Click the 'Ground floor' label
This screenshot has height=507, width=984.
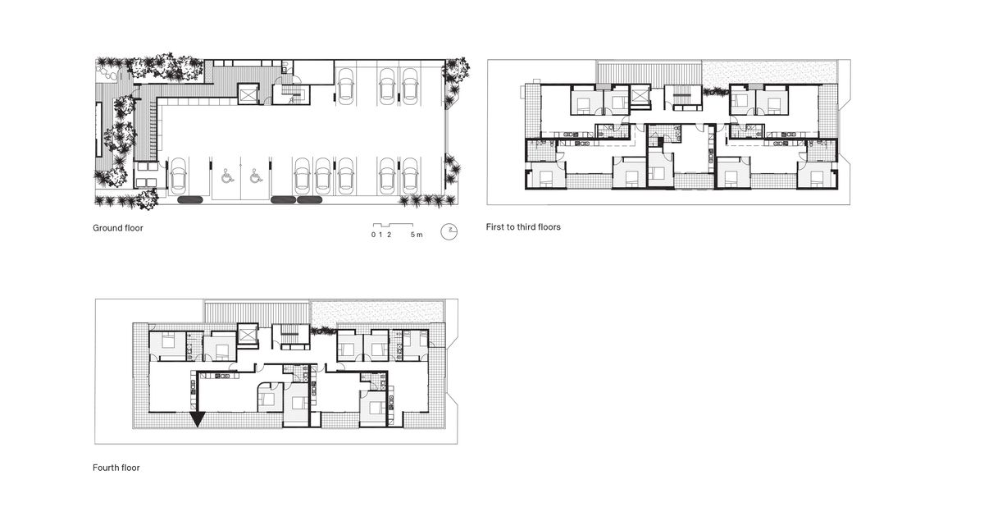(x=118, y=228)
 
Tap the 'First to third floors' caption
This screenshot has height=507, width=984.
(x=523, y=226)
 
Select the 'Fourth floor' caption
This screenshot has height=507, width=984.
(x=116, y=468)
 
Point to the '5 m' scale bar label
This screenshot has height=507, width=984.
(x=417, y=235)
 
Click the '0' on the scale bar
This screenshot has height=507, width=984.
(x=372, y=235)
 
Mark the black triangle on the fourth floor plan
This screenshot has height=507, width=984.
(x=198, y=418)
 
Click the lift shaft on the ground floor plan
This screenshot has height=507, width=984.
(x=248, y=95)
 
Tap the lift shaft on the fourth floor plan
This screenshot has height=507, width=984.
(x=247, y=336)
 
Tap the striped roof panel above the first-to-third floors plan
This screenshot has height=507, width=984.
(x=649, y=72)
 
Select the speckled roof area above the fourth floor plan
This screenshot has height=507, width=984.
(x=378, y=311)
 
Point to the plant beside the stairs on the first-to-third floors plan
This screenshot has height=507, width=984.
(x=713, y=92)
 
